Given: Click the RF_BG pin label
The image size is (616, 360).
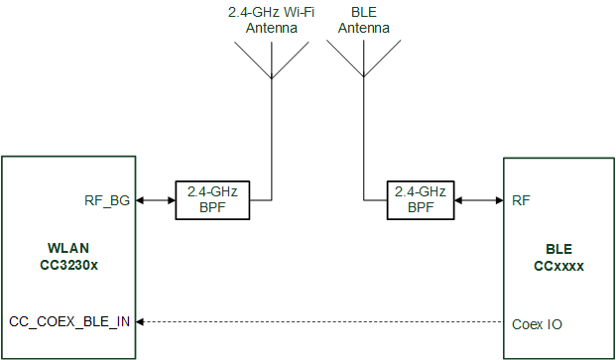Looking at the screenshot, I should coord(107,200).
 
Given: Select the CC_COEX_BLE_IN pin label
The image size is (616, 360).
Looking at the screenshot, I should coord(69,322).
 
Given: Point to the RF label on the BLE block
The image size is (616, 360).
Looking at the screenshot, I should coord(521,200).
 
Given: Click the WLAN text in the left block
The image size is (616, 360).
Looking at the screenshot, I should coord(68,247).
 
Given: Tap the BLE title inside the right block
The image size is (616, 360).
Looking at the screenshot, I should coord(558,250).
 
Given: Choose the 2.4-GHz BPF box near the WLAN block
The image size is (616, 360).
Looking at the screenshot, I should coord(212,200).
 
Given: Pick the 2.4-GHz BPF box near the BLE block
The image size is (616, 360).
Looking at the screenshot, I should coord(421,200).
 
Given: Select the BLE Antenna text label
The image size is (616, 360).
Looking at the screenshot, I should coord(363,21).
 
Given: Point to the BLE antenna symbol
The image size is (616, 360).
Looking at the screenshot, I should coord(363,61).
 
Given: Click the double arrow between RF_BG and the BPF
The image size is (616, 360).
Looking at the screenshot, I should coord(156,200).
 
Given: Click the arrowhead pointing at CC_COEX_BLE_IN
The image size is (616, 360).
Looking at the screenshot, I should coord(142,322).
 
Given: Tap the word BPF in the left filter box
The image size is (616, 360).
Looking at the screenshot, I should coord(212,208).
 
